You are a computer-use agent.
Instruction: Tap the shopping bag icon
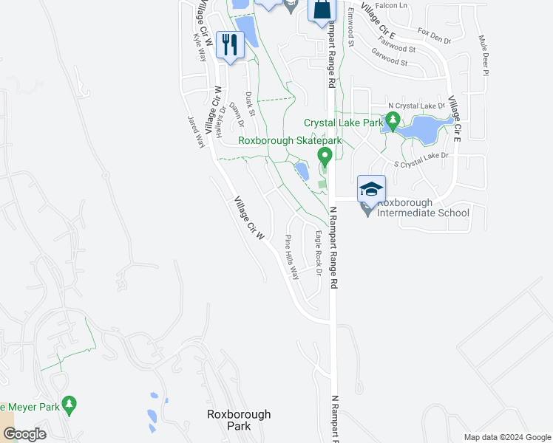(322, 10)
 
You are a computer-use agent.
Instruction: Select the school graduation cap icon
(371, 188)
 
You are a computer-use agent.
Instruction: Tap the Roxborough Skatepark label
(289, 141)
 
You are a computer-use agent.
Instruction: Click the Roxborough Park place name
(239, 420)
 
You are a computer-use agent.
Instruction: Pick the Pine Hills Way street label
(293, 256)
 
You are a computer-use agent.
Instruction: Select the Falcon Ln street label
(392, 5)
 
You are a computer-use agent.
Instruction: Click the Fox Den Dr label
(434, 33)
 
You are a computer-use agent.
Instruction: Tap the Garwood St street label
(390, 57)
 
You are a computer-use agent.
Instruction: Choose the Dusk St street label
(250, 104)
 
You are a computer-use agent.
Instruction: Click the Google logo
(24, 434)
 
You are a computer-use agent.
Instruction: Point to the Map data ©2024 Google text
(506, 437)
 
